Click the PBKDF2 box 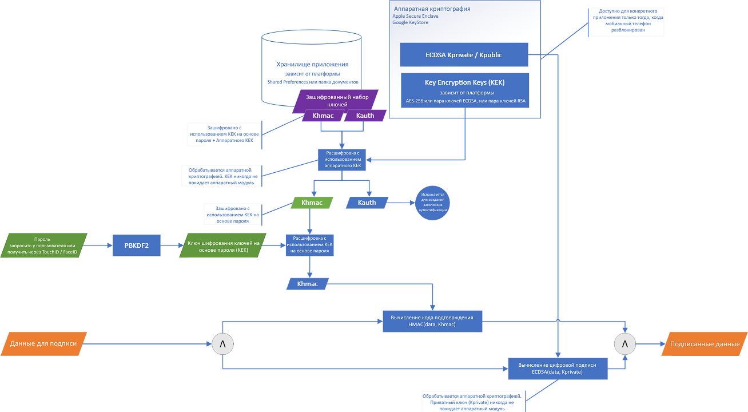click(x=137, y=245)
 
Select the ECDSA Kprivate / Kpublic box click(x=464, y=55)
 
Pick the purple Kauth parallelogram click(x=365, y=116)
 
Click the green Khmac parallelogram click(x=312, y=203)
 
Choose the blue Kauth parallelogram click(x=367, y=203)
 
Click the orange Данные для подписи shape click(x=44, y=344)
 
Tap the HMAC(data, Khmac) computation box click(x=432, y=321)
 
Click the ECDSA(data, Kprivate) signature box click(x=558, y=369)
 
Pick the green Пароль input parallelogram click(x=44, y=245)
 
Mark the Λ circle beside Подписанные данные click(x=624, y=344)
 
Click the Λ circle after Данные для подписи click(x=222, y=344)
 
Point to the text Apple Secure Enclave click(x=415, y=17)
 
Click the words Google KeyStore click(x=410, y=22)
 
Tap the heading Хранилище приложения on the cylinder click(x=312, y=65)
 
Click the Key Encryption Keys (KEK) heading click(x=464, y=82)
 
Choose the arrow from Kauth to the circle click(x=401, y=203)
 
